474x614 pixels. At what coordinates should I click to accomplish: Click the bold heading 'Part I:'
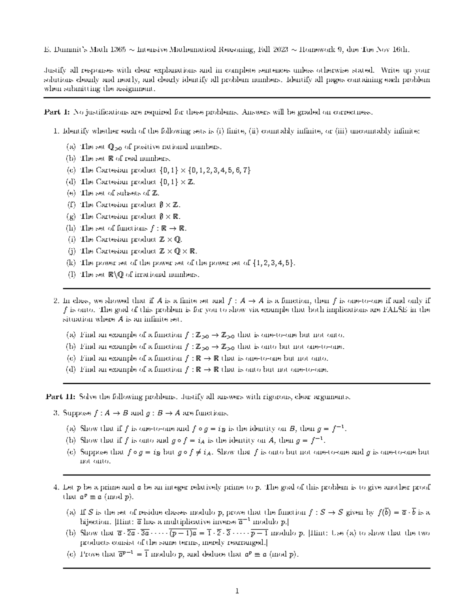coord(56,112)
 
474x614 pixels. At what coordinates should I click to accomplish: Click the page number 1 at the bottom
coord(237,591)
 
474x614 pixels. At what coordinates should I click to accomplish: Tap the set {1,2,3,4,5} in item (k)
coord(273,263)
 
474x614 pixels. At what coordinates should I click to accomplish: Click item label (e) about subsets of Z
coord(71,193)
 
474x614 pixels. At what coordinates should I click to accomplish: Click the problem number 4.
coord(56,487)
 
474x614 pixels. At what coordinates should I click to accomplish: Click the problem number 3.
coord(56,413)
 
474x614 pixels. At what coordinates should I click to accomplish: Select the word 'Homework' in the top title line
coord(319,50)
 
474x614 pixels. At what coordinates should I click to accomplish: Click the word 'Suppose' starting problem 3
coord(77,413)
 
